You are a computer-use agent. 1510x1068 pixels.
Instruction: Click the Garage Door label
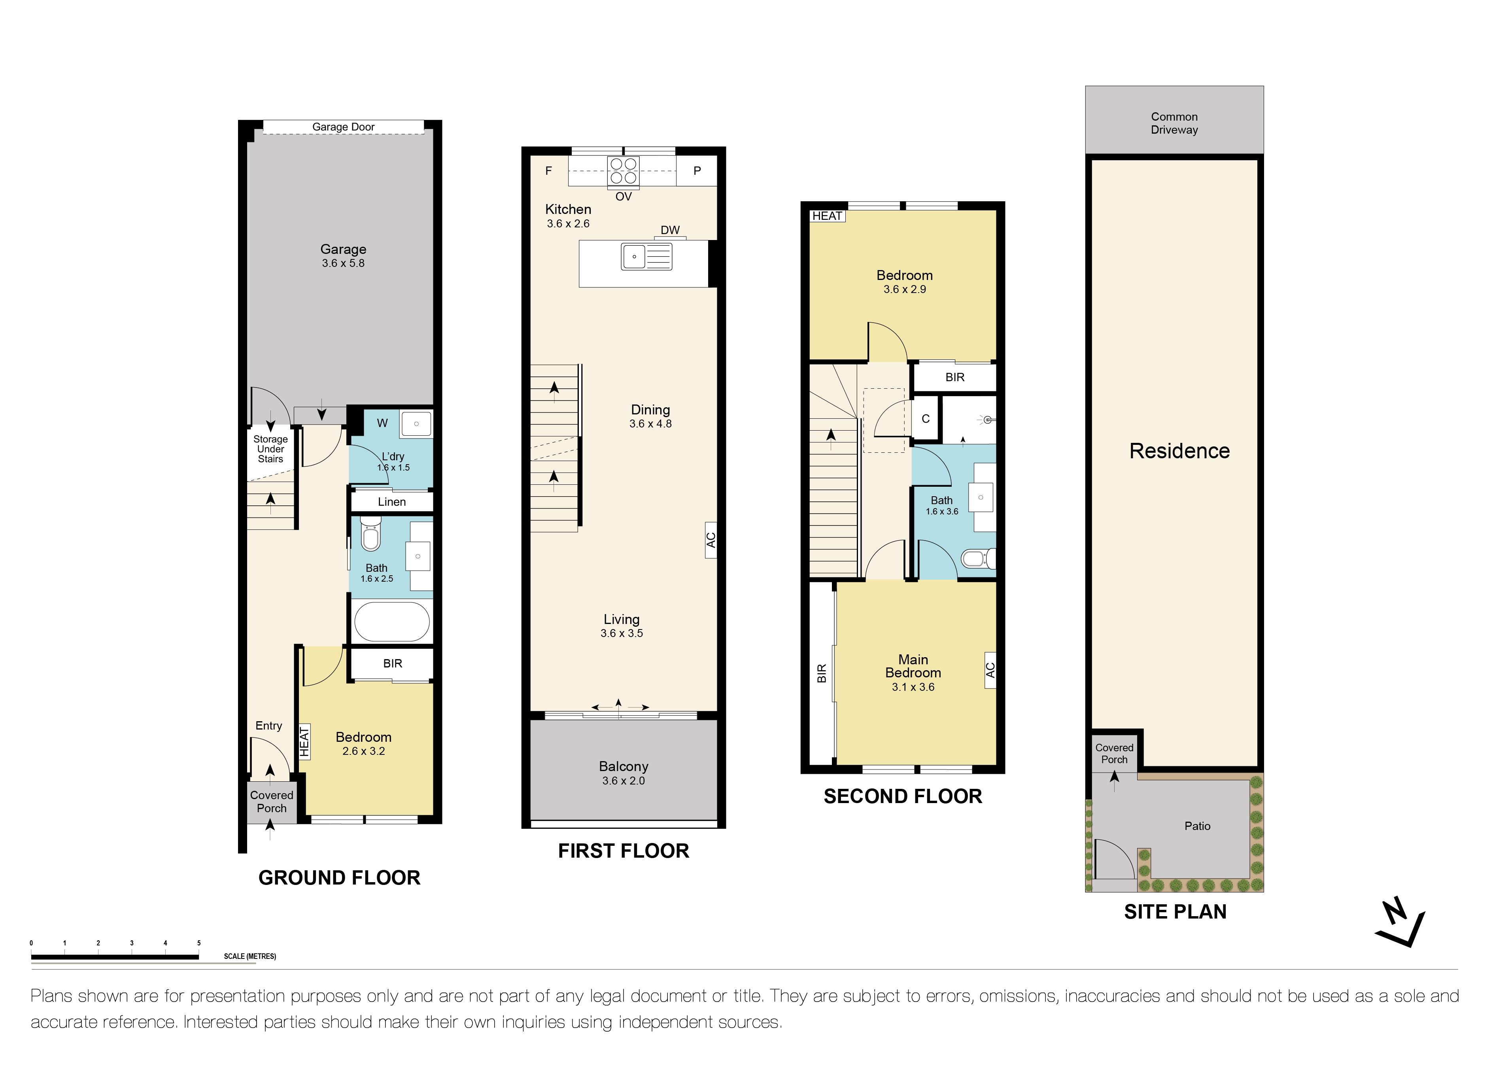tap(343, 127)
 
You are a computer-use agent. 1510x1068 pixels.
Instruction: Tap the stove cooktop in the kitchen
tap(623, 171)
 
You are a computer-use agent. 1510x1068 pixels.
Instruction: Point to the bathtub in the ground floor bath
tap(391, 622)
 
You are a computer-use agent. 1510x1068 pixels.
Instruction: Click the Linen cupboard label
tap(391, 502)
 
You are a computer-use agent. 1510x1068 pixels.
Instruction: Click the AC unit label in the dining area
tap(710, 540)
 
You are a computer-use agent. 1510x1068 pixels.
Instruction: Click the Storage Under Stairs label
tap(270, 449)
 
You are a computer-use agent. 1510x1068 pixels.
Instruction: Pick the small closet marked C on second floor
tap(925, 419)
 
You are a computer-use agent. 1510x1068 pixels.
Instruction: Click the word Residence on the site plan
tap(1179, 451)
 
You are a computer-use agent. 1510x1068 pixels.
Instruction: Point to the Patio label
tap(1197, 826)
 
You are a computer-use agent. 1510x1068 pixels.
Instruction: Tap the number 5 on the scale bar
tap(198, 943)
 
